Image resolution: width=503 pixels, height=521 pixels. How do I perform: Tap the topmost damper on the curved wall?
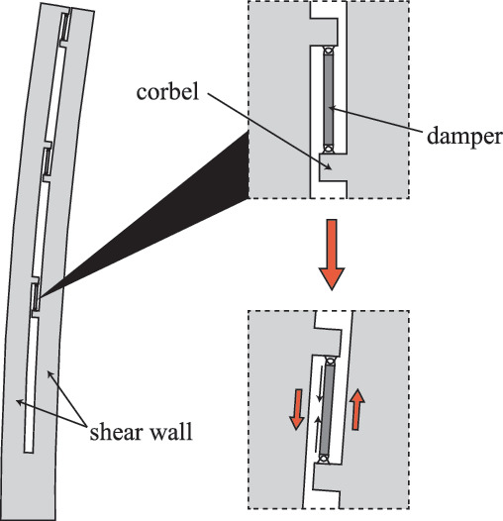click(x=65, y=27)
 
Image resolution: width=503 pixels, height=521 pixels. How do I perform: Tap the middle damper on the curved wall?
click(x=48, y=161)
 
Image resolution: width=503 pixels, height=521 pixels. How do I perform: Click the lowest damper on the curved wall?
click(x=36, y=296)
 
